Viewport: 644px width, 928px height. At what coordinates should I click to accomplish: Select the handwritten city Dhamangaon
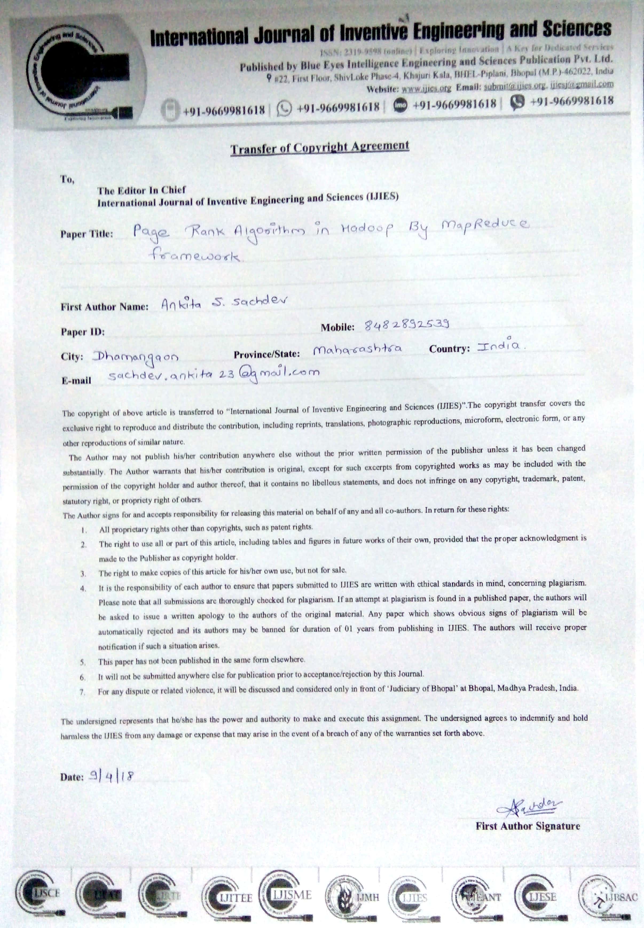[x=135, y=356]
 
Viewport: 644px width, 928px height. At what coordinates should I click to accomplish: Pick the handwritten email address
[x=214, y=374]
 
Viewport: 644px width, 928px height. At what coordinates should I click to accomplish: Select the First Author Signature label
[x=527, y=826]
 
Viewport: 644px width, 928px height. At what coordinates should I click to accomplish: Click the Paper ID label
[x=83, y=332]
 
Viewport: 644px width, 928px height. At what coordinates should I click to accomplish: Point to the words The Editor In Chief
[x=141, y=190]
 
